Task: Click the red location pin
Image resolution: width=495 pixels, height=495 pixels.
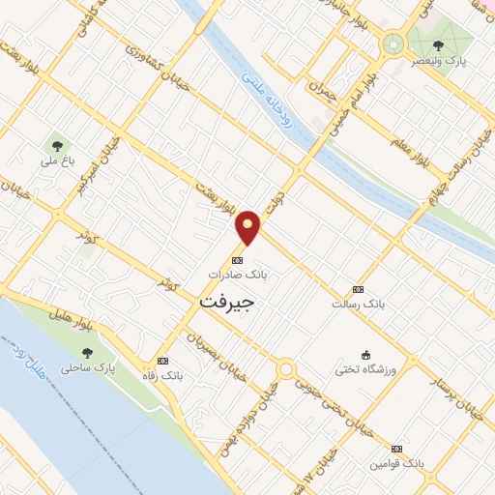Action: pos(248,226)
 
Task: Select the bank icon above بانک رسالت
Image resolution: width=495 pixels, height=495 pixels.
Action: pos(358,289)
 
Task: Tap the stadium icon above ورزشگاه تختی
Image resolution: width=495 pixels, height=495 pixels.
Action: pos(364,355)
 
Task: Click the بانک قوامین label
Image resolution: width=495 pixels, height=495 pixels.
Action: pos(396,464)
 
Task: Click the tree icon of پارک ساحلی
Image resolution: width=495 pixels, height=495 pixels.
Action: pos(88,354)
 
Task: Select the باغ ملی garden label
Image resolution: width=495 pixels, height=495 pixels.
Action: pos(57,162)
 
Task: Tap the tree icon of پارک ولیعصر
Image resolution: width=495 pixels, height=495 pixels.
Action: pos(438,44)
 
